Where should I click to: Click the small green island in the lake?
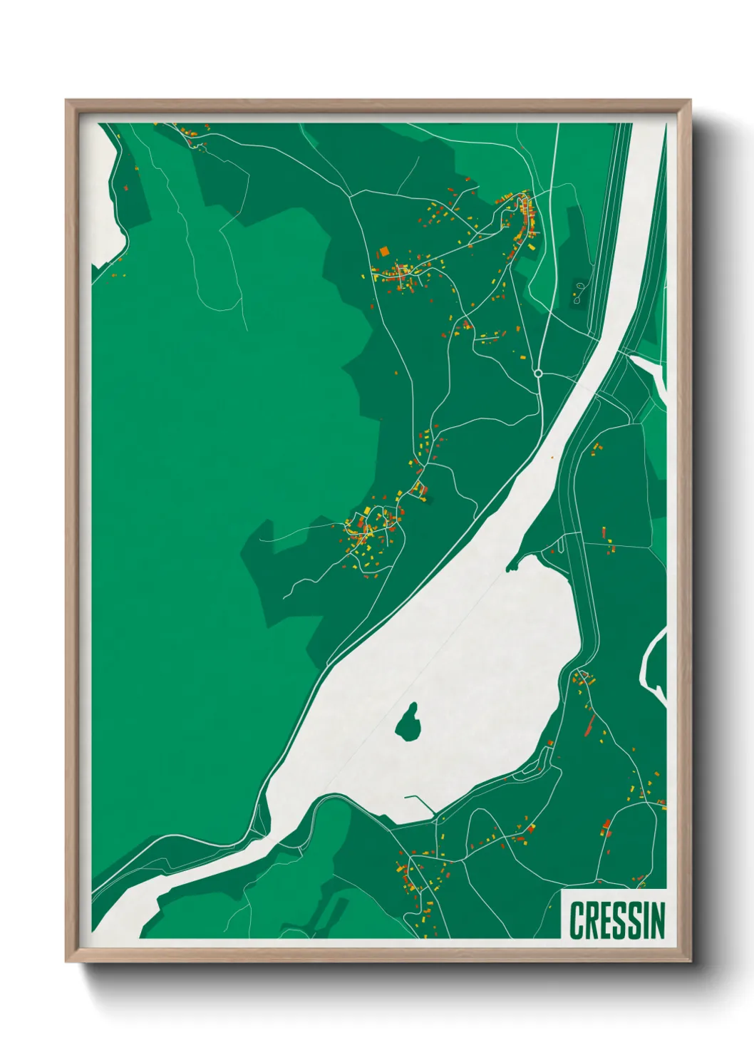(408, 723)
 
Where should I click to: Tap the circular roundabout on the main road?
(538, 373)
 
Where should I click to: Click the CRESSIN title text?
(617, 920)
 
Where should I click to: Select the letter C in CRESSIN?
(578, 920)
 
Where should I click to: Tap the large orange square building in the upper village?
(383, 251)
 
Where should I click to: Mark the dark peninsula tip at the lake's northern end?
(509, 569)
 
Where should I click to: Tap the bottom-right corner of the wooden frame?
(690, 961)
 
